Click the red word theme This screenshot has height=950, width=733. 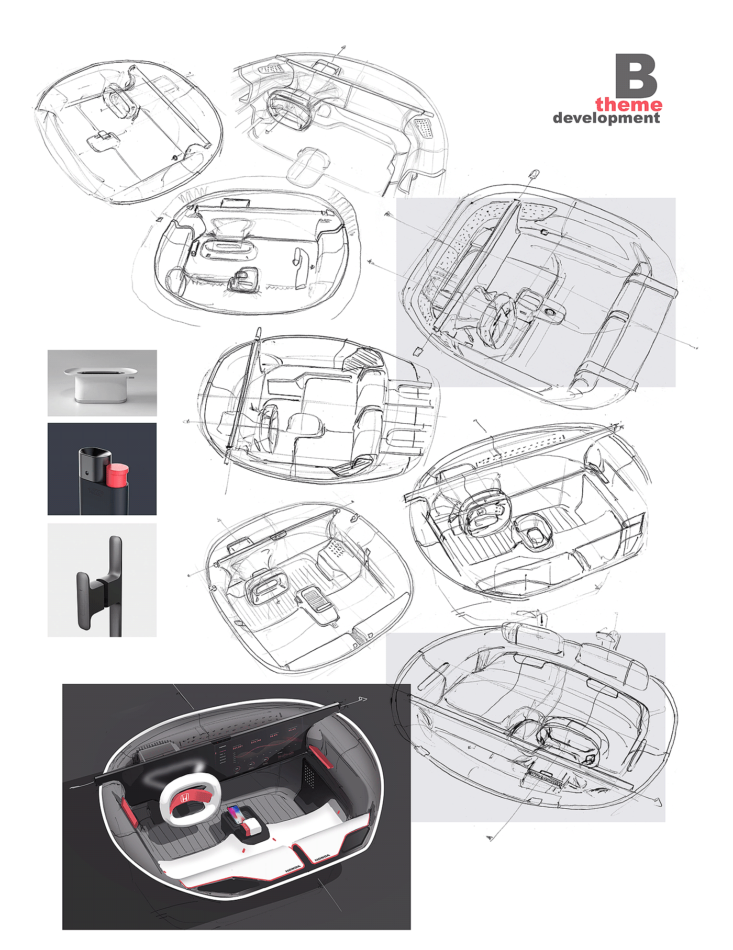point(628,105)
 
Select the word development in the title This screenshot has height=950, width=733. point(606,118)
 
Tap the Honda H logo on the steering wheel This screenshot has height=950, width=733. point(185,798)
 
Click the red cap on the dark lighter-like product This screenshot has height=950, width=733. point(118,474)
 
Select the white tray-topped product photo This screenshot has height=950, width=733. point(102,383)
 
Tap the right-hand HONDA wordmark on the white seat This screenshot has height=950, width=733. point(321,856)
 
